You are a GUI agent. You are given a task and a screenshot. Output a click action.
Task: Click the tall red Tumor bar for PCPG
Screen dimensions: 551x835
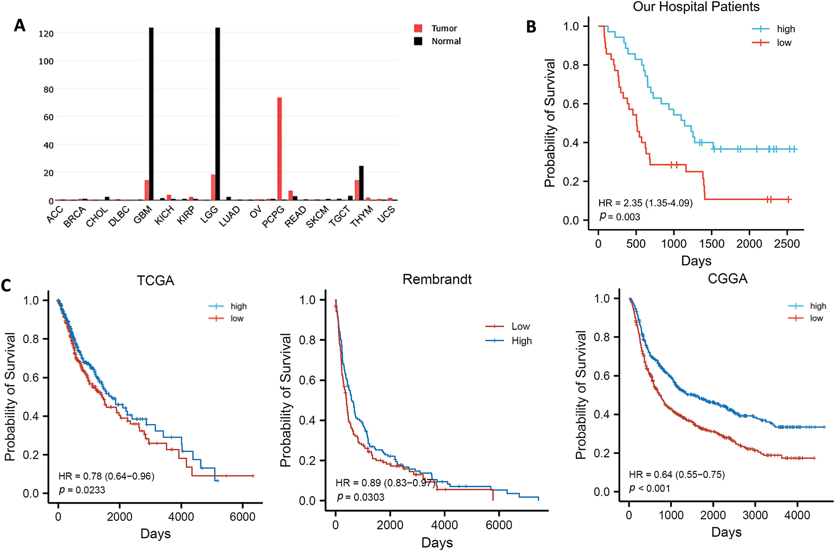(280, 149)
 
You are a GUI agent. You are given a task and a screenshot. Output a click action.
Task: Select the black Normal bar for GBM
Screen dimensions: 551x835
(151, 114)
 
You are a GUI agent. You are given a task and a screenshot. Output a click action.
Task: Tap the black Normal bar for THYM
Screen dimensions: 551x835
(361, 183)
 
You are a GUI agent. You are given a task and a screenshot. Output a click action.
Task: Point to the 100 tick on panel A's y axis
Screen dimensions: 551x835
(46, 61)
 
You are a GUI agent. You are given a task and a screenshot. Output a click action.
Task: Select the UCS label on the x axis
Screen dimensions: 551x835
(386, 214)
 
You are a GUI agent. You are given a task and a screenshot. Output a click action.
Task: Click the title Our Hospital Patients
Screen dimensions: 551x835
(696, 7)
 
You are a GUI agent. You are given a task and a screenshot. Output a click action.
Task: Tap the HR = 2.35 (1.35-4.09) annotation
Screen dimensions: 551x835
(645, 203)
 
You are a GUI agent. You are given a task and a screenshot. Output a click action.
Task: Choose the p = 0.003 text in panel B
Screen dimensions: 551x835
(620, 217)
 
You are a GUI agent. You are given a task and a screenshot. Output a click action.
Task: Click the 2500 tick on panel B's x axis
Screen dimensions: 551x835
(787, 244)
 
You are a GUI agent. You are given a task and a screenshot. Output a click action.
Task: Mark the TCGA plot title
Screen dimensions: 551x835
(155, 281)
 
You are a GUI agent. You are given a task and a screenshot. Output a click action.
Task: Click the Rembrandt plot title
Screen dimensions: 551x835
(437, 279)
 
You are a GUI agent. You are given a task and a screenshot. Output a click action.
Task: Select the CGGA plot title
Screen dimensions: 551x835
(727, 279)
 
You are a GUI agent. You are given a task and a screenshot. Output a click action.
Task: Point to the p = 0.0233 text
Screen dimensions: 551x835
(82, 490)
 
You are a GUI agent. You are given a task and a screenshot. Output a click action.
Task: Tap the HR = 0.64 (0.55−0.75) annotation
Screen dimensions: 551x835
(677, 475)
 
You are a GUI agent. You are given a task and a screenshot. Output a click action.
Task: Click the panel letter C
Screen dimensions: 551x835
(6, 286)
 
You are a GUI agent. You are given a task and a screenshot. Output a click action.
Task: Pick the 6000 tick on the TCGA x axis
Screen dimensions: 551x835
(242, 517)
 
